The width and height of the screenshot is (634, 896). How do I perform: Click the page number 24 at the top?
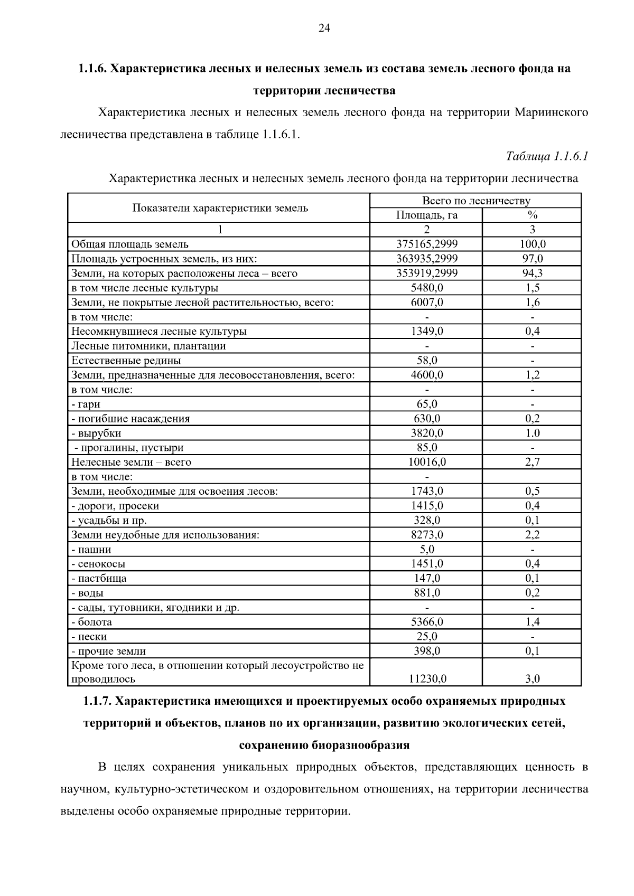coord(324,29)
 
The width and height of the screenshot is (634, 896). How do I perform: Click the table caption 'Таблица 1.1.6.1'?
coord(547,156)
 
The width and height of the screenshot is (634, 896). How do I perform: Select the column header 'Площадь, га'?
coord(426,215)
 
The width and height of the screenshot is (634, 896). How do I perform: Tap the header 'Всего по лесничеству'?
coord(475,201)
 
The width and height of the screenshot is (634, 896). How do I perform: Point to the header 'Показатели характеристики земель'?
coord(220,208)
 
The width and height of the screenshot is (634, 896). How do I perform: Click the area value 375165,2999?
coord(426,244)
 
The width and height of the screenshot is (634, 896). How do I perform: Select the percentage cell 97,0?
coord(532,259)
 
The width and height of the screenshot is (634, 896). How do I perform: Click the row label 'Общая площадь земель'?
coord(130,244)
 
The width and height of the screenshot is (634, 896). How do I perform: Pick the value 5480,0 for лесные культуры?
coord(426,288)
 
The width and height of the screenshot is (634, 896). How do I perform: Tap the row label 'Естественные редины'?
coord(126,361)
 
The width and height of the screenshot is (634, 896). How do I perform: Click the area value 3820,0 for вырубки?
coord(426,433)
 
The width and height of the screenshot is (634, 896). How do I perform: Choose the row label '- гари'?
coord(86,404)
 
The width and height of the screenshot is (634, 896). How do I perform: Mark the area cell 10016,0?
coord(426,463)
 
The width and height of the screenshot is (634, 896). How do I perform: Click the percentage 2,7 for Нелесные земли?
coord(532,463)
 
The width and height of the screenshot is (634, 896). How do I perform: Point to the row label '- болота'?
coord(92,622)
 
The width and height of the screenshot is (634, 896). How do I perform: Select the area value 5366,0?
coord(426,622)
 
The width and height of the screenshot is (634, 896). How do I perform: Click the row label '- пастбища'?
coord(99,579)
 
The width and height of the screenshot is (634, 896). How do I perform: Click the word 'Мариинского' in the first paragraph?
coord(551,112)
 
